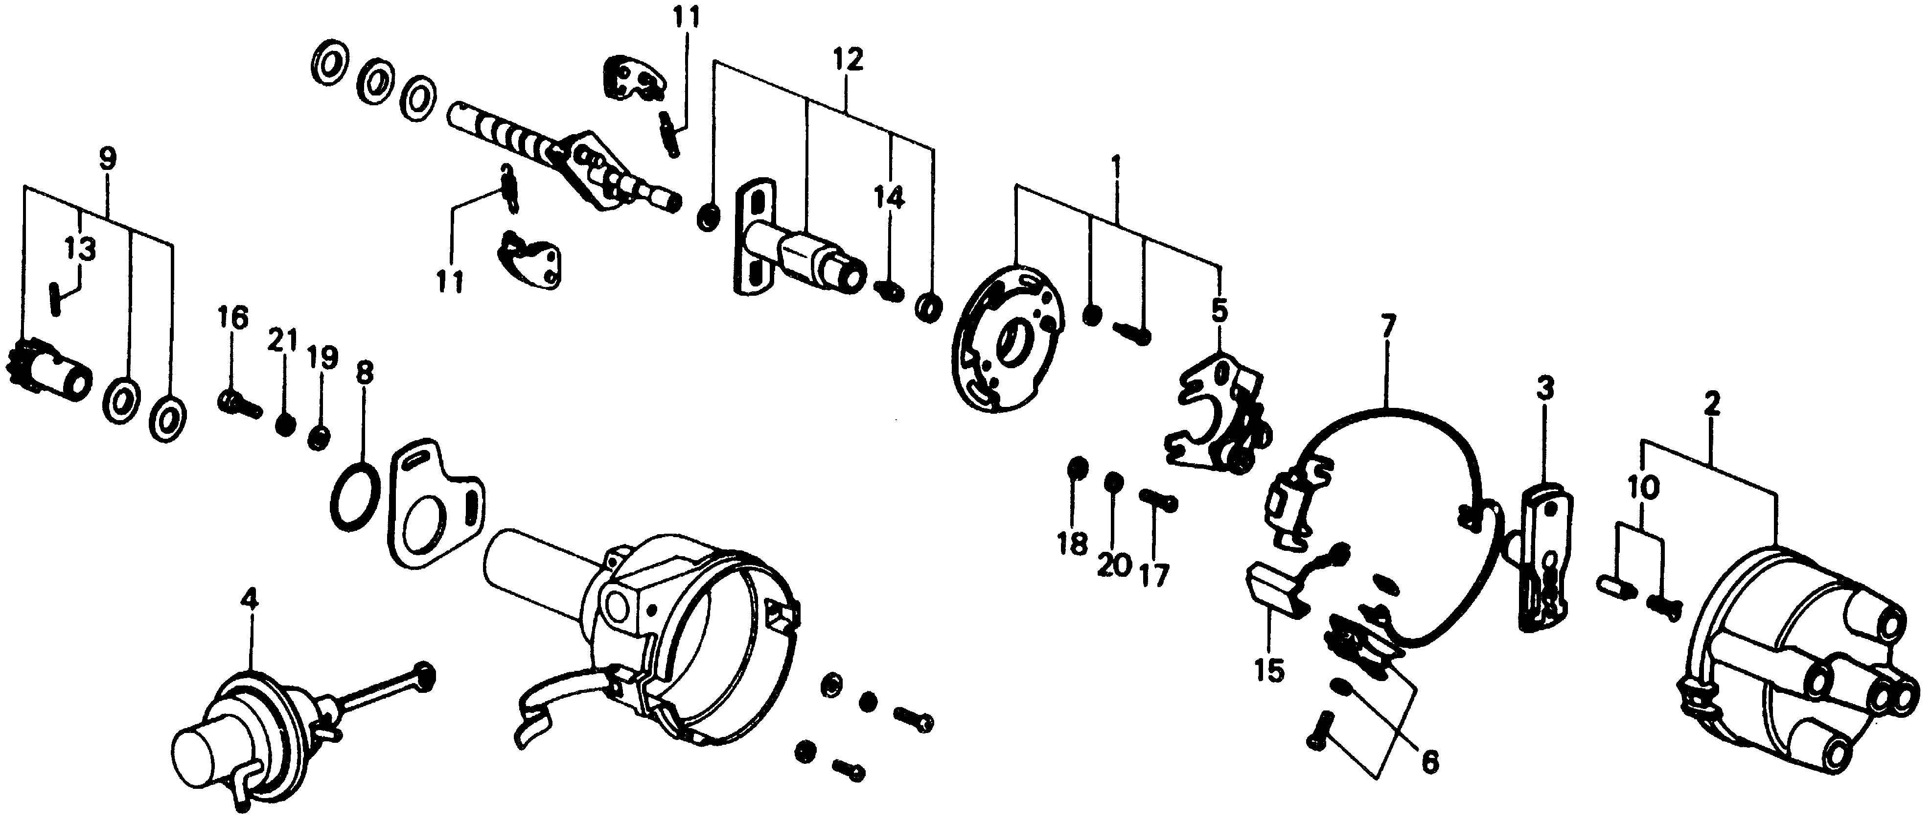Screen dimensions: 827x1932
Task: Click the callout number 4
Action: click(x=249, y=600)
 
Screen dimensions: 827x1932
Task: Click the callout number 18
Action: click(x=1073, y=544)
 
